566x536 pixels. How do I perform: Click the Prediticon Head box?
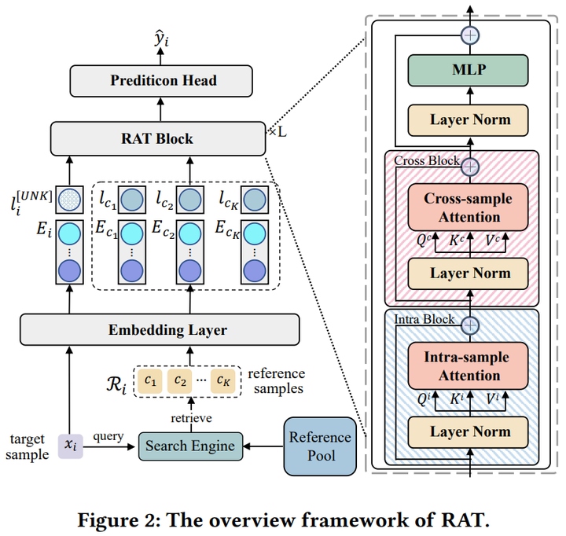pos(163,81)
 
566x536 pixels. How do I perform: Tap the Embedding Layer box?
pos(160,329)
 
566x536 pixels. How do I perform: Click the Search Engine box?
pos(189,446)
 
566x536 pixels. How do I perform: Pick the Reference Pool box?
pos(319,446)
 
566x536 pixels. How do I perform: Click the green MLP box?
pos(469,71)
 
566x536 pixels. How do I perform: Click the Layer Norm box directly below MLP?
pos(469,120)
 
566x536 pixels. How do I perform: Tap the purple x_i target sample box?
pos(72,446)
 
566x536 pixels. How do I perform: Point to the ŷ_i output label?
pos(162,35)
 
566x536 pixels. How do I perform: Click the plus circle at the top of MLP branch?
pos(469,35)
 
